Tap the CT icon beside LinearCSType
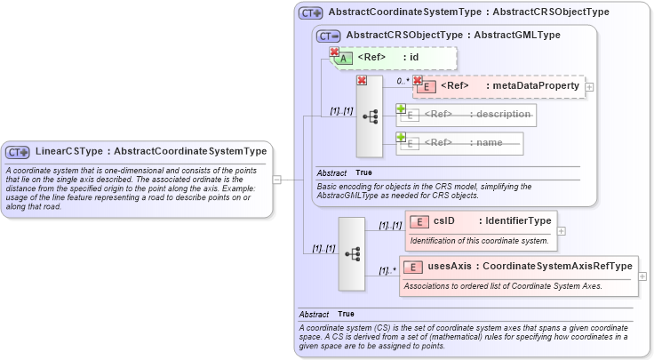pos(19,152)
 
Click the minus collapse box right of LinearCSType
pos(276,179)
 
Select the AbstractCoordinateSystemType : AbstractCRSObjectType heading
pos(468,12)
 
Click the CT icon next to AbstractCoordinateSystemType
pos(310,12)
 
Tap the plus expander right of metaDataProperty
pos(589,86)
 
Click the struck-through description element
pos(467,114)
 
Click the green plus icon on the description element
pos(401,108)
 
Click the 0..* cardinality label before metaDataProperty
pos(403,81)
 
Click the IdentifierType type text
pos(514,220)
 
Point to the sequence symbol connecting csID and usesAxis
pos(352,253)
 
